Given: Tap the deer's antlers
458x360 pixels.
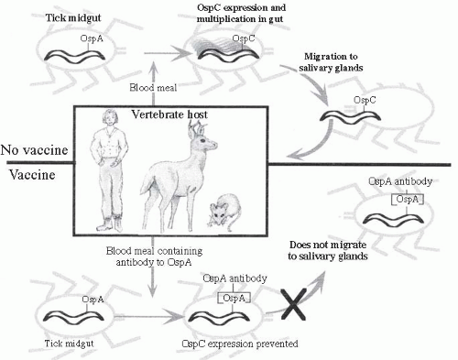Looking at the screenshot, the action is pyautogui.click(x=197, y=128).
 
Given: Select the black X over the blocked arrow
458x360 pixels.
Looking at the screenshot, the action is pyautogui.click(x=293, y=305).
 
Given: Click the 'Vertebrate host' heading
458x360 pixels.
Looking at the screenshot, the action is pyautogui.click(x=169, y=115).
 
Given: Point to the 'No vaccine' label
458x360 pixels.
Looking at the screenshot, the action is pyautogui.click(x=34, y=150).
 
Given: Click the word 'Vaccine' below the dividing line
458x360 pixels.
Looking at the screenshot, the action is pyautogui.click(x=32, y=175).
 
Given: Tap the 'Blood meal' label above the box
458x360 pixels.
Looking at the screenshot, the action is pyautogui.click(x=153, y=88).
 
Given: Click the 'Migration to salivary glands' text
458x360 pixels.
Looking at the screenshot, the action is pyautogui.click(x=331, y=62).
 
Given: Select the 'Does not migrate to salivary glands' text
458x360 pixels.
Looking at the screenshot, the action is pyautogui.click(x=328, y=250).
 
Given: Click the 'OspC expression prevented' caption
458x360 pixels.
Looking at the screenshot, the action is pyautogui.click(x=240, y=344).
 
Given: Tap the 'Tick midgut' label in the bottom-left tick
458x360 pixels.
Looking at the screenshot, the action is pyautogui.click(x=69, y=344).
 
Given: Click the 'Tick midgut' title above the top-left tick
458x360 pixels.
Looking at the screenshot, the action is pyautogui.click(x=73, y=17).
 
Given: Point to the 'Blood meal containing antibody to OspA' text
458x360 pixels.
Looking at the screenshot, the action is pyautogui.click(x=154, y=256).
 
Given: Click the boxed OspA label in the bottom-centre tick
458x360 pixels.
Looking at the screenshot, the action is pyautogui.click(x=234, y=298).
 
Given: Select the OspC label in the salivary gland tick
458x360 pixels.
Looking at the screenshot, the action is pyautogui.click(x=365, y=100).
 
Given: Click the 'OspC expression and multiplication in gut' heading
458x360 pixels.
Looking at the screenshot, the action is pyautogui.click(x=241, y=13).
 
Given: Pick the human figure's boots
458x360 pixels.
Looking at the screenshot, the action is pyautogui.click(x=110, y=224).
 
